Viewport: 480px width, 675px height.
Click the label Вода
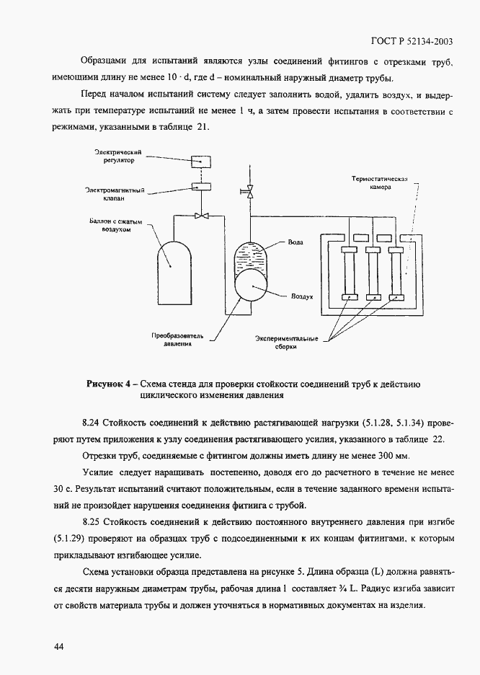(x=295, y=243)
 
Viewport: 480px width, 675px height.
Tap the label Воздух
(x=301, y=296)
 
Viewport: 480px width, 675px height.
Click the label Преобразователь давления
(x=177, y=340)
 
